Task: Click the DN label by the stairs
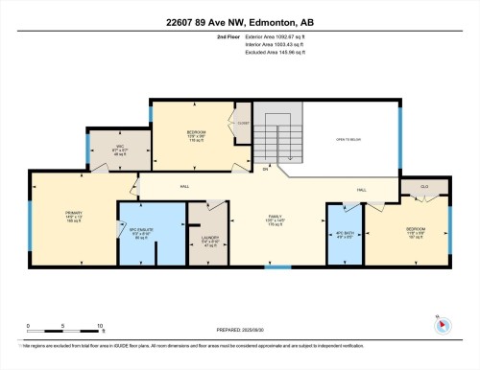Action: tap(265, 168)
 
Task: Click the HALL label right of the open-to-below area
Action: tap(362, 190)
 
